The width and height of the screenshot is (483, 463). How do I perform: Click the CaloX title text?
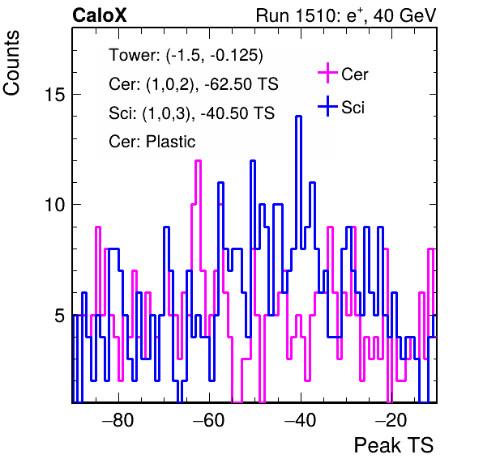(x=100, y=15)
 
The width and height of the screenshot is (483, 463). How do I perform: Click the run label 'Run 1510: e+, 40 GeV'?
(x=346, y=15)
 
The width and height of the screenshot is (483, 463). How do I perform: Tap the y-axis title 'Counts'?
(x=11, y=63)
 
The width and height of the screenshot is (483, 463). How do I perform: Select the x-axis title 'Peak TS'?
(x=394, y=445)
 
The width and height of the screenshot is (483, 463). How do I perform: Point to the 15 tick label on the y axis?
(x=55, y=94)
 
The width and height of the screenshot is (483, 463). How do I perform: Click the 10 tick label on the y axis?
(x=55, y=205)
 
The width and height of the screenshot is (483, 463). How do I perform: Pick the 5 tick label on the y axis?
(x=60, y=315)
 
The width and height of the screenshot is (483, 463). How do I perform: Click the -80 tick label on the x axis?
(x=118, y=420)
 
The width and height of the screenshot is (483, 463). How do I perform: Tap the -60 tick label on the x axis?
(x=209, y=420)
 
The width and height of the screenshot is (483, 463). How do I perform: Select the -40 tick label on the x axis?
(x=300, y=420)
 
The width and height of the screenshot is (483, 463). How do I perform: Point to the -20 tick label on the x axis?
(x=391, y=420)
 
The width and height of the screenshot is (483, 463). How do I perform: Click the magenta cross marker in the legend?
(x=327, y=73)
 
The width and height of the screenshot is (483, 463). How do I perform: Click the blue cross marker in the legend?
(x=327, y=107)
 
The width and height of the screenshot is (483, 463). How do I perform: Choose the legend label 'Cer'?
(x=355, y=74)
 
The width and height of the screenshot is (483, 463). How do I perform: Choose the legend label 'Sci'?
(x=353, y=108)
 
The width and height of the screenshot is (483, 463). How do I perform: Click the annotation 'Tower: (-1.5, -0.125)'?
(x=186, y=55)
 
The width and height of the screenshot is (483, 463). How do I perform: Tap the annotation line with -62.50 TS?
(x=194, y=84)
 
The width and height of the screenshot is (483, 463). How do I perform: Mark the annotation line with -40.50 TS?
(x=191, y=113)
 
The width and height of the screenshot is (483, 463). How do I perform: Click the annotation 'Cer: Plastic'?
(x=152, y=142)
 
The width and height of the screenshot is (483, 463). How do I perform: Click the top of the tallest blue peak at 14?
(x=298, y=117)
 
